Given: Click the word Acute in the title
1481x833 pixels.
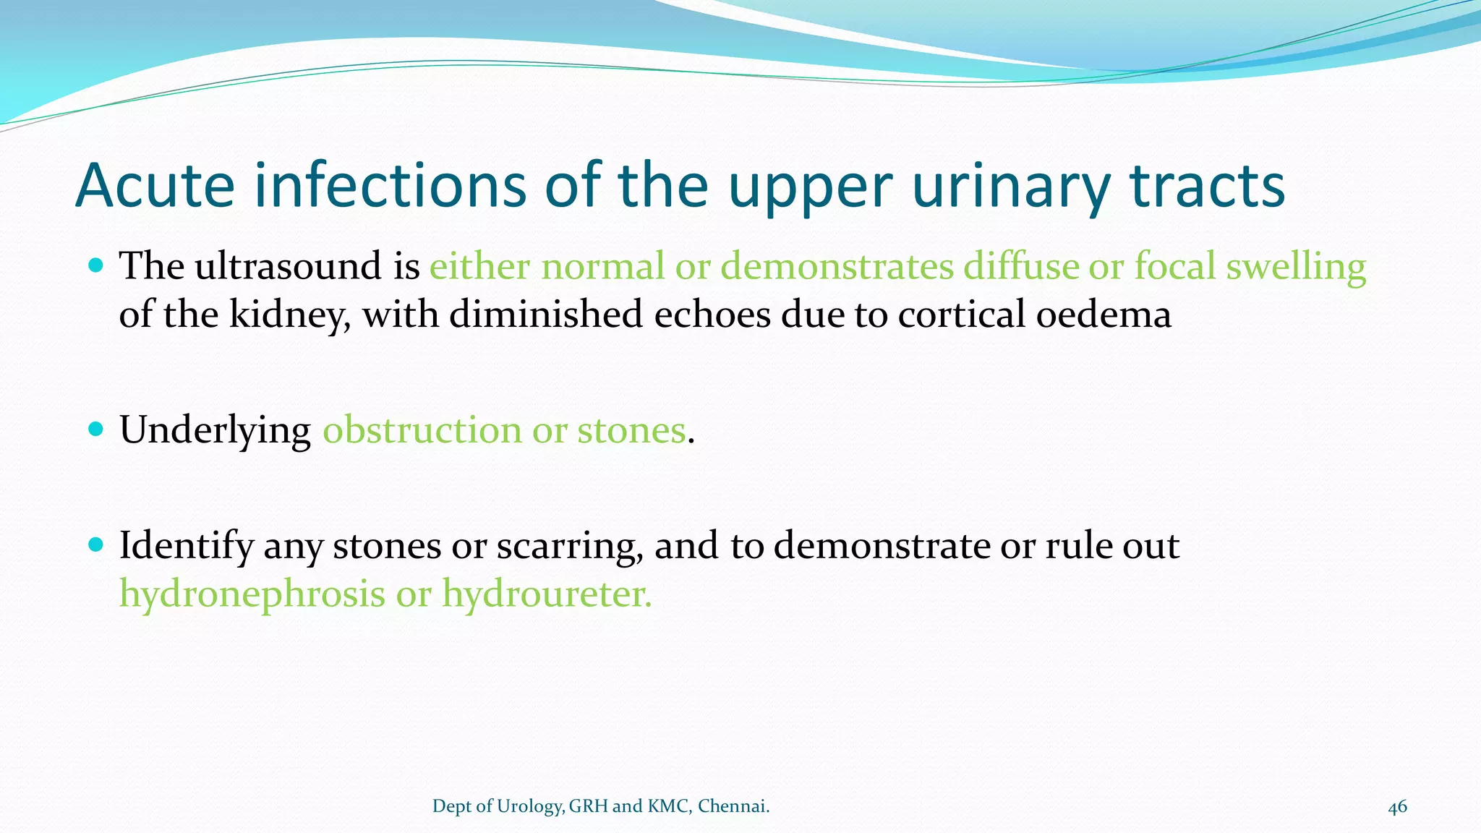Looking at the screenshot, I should click(x=155, y=186).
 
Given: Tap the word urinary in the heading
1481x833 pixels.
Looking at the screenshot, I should click(x=1010, y=187).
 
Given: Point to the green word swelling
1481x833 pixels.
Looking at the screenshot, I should click(x=1296, y=267).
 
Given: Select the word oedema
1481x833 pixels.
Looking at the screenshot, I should click(x=1104, y=315).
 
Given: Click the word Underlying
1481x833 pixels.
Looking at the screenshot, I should click(x=215, y=431).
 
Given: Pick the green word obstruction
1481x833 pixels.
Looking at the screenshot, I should click(x=422, y=430).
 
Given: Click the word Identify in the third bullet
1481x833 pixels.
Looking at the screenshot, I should click(x=186, y=547).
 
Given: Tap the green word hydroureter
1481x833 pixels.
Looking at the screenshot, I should click(x=547, y=594).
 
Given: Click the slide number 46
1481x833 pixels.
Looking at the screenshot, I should click(x=1397, y=807).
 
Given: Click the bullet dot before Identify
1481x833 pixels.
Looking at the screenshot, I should click(x=95, y=544).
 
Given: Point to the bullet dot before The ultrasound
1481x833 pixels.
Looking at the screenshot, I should click(x=95, y=265).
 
